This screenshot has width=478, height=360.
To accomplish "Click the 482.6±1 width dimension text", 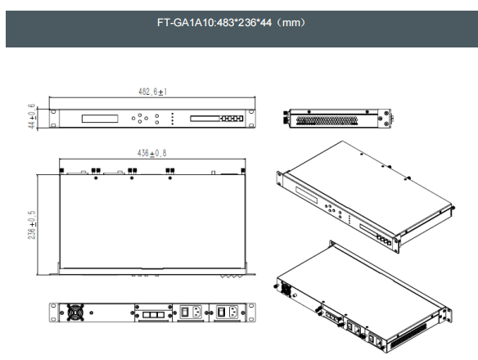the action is [x=152, y=92].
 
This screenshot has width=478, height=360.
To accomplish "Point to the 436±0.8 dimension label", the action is [x=151, y=153].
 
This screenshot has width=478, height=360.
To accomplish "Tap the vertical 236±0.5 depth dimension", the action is [x=32, y=225].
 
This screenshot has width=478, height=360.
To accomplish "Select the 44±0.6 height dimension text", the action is [x=32, y=116].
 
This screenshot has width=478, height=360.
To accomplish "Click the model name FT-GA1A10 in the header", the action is [x=187, y=23].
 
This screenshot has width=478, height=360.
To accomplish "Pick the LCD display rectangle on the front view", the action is [x=100, y=119].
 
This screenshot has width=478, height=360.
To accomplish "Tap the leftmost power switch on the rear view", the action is [x=185, y=312].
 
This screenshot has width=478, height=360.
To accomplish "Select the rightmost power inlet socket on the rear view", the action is [x=233, y=312].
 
